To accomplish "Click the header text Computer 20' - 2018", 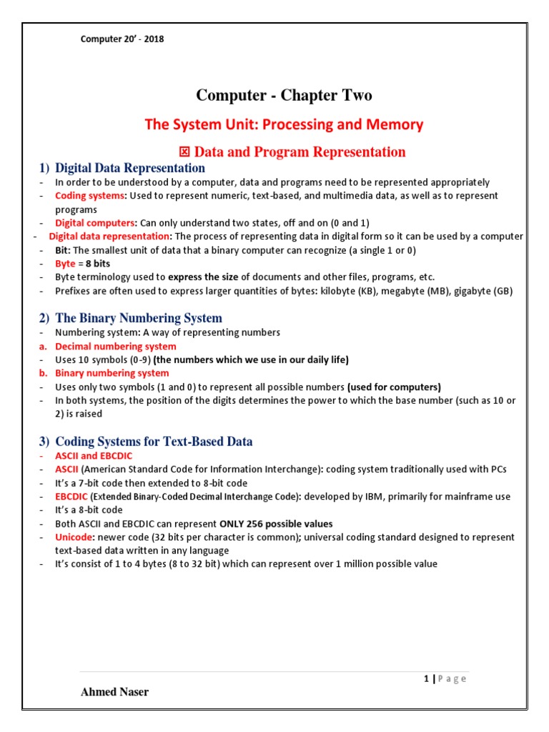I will (x=122, y=39).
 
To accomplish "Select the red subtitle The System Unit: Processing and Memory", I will (x=284, y=124).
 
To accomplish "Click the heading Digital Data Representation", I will (x=129, y=168).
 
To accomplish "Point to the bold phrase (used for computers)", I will (x=394, y=387).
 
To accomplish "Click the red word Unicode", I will (x=74, y=537).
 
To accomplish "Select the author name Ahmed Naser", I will (x=115, y=692).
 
